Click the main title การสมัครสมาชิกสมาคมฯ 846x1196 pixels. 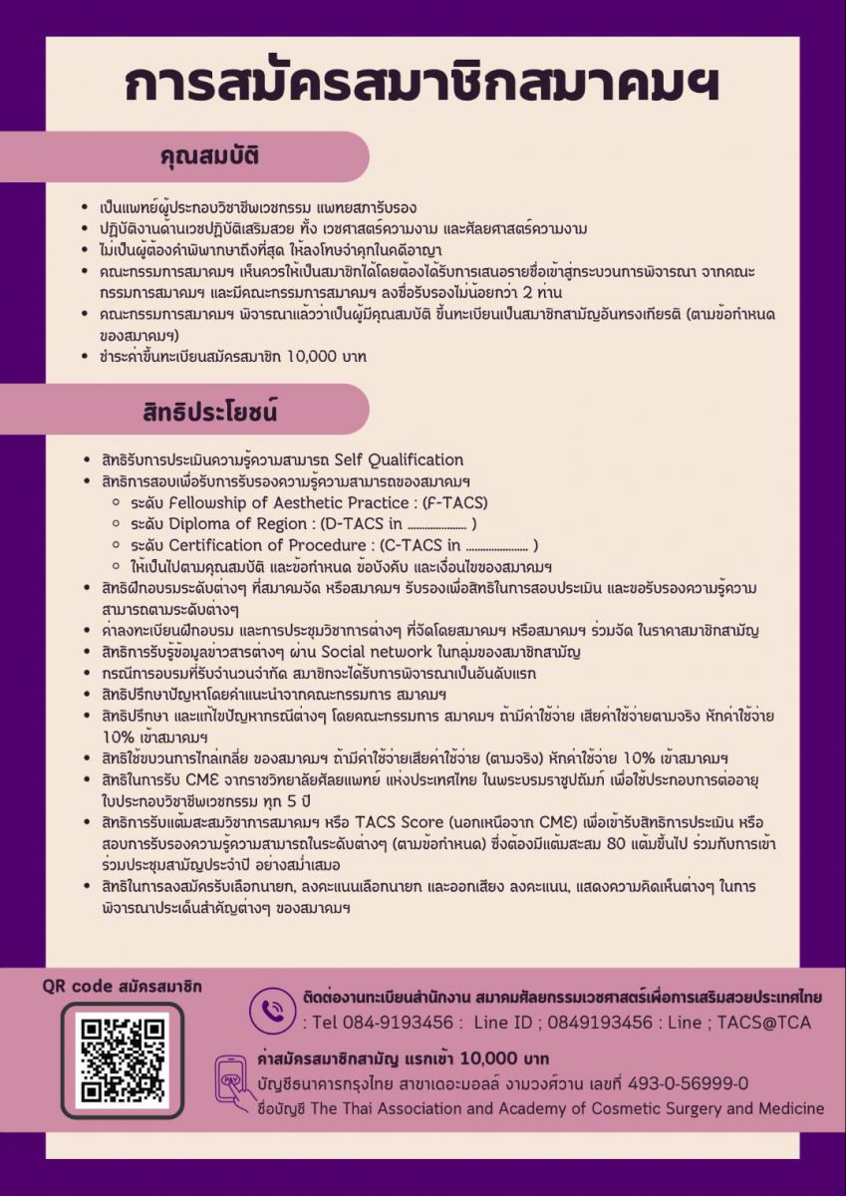click(423, 86)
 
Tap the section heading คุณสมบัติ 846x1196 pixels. click(211, 156)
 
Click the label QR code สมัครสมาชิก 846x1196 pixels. click(123, 987)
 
